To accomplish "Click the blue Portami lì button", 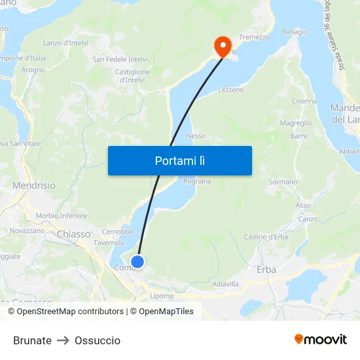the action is point(179,160).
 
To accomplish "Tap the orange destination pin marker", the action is point(223,46).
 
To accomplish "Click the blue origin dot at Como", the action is point(137,262).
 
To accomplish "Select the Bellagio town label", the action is point(295,32).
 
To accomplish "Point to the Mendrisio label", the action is point(34,185).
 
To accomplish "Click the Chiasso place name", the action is point(73,234).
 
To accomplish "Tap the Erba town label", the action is point(266,269).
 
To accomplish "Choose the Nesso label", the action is point(196,136).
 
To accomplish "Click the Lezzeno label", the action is point(230,90).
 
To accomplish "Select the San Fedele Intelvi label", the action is point(120,60).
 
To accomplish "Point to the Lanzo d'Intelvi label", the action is point(65,43).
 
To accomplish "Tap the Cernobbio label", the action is point(118,232).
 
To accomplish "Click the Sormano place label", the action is point(283,182).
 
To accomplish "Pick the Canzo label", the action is point(307,219).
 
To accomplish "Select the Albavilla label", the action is point(226,284).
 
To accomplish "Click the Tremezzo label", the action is point(254,37).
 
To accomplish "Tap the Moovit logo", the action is point(321,340).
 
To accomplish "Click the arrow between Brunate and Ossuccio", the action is point(63,340).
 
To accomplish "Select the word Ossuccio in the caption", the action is point(98,340).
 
